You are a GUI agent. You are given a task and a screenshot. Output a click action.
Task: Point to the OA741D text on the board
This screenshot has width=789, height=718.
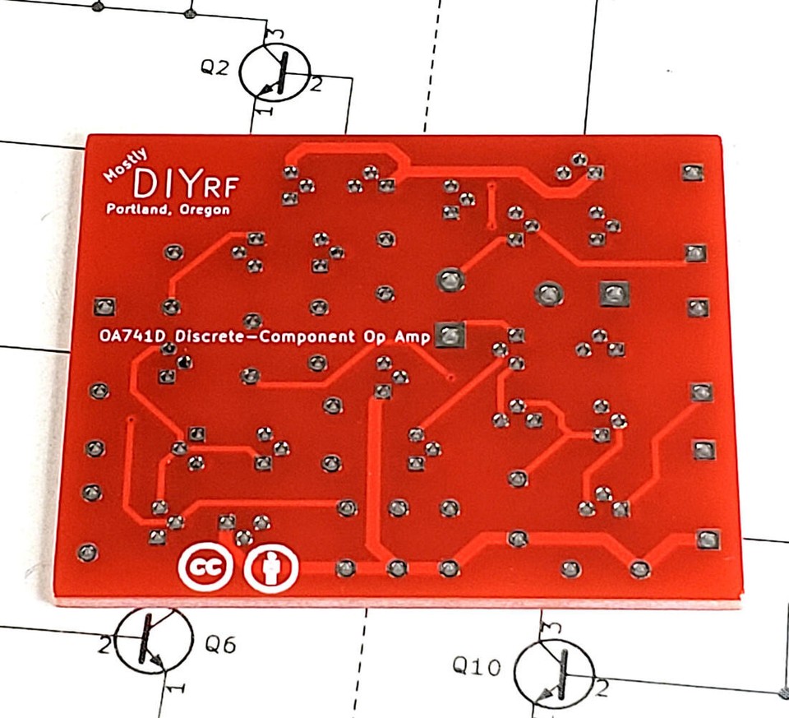point(134,336)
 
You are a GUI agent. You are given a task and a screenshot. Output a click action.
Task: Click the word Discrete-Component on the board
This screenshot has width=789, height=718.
point(265,336)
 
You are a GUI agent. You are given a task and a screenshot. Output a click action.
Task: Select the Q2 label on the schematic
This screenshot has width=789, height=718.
point(215,67)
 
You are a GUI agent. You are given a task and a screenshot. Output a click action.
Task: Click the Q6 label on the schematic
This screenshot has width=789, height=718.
point(220,645)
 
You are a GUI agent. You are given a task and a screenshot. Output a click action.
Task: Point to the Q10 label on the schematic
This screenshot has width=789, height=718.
point(477,666)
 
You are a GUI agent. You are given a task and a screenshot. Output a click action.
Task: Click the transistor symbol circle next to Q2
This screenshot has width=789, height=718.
point(275,72)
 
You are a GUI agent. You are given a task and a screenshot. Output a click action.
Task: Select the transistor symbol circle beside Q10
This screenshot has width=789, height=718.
point(552,670)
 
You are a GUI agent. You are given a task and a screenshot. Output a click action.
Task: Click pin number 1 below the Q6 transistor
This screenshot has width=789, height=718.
point(174,686)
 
